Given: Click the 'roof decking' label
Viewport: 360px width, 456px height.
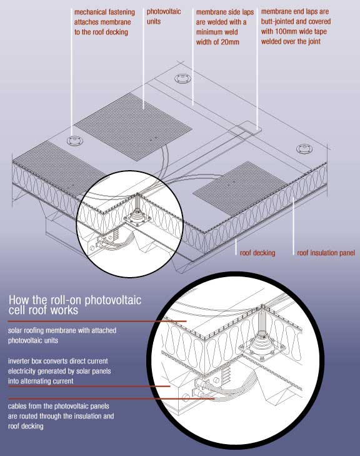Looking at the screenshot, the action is point(257,253).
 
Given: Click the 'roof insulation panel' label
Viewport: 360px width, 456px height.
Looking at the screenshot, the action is point(326,253).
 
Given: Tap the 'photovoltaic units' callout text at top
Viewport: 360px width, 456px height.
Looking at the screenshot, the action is point(164,16).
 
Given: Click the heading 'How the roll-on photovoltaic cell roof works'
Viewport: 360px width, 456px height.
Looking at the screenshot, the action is point(75,305).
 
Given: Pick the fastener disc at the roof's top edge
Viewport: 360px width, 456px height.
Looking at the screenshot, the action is point(182,79).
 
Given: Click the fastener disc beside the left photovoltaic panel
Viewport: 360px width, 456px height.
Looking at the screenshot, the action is point(75,141).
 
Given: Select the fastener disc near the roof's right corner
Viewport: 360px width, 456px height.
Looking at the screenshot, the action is point(304,149).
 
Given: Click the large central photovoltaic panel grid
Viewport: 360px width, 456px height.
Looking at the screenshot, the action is point(132,126).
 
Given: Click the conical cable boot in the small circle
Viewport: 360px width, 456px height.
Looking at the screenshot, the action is point(136,217).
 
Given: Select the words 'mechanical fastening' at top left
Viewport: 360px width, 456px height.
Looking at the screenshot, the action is point(104,13).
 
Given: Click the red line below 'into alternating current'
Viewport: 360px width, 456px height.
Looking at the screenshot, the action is point(89,387).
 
